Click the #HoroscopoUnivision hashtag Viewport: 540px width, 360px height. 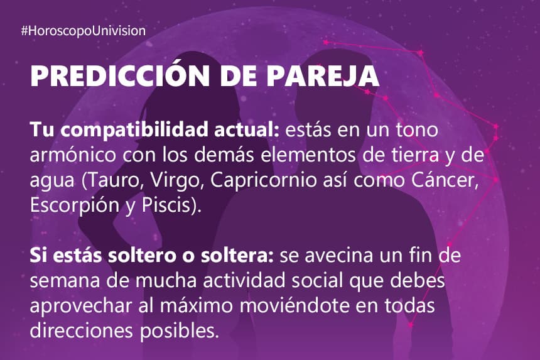click(84, 31)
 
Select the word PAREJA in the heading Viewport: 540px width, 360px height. click(323, 75)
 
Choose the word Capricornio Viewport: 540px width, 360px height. click(264, 181)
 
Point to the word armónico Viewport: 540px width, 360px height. click(73, 155)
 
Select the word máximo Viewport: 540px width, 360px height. click(197, 306)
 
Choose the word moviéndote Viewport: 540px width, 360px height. click(294, 306)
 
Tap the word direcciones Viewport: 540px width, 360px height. click(81, 331)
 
